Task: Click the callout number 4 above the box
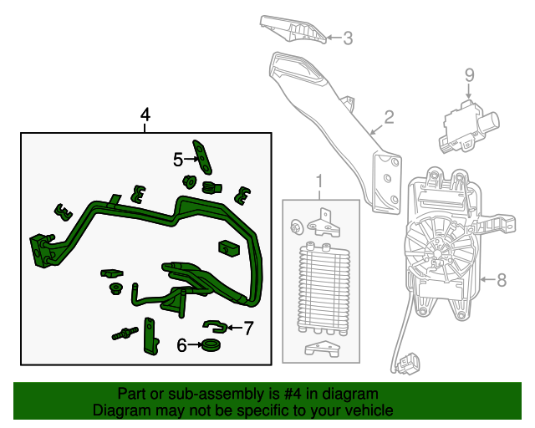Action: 145,115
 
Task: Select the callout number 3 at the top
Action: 348,38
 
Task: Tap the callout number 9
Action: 469,75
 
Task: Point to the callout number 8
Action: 502,280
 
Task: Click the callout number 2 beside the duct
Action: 388,117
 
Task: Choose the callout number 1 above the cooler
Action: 318,181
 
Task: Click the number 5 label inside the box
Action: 178,159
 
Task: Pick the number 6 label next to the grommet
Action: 181,344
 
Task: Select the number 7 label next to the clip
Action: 247,328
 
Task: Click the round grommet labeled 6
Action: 211,344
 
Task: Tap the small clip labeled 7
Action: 215,325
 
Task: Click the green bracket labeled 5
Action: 201,154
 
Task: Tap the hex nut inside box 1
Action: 296,228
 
